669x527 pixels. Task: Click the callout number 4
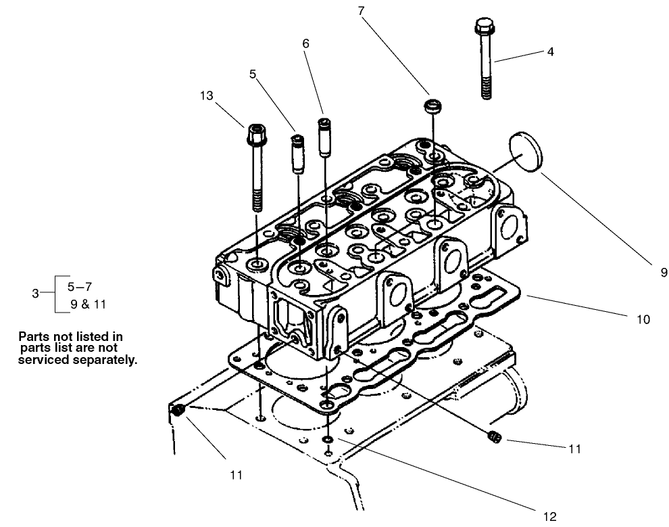click(x=550, y=51)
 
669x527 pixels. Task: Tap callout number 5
click(x=253, y=74)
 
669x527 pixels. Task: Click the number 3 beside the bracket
click(x=35, y=293)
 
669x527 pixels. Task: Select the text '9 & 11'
click(x=88, y=304)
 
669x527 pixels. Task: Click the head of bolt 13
click(x=255, y=131)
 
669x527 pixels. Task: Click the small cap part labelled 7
click(x=432, y=106)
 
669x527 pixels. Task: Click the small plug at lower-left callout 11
click(x=178, y=410)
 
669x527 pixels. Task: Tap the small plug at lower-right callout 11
click(x=493, y=438)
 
